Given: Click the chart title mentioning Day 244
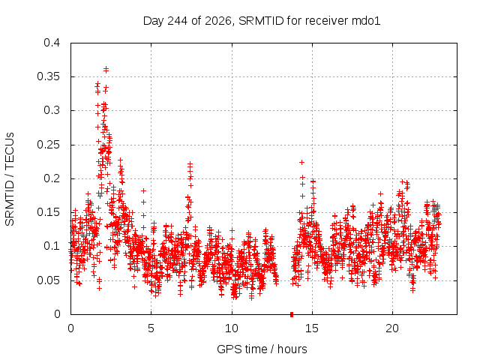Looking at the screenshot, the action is tap(262, 21).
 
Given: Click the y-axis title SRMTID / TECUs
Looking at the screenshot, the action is tap(10, 179).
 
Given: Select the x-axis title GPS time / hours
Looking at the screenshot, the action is tap(262, 349).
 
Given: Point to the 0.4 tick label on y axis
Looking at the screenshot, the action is tap(52, 43).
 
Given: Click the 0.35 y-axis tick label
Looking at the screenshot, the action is tap(48, 76).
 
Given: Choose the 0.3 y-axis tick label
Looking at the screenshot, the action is tap(52, 110).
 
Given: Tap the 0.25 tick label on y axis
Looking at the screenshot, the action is tap(48, 145).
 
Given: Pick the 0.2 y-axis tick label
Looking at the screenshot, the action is tap(52, 178).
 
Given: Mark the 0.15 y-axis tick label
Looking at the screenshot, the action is tap(48, 212).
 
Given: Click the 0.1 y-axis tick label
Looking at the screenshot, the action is tap(52, 246).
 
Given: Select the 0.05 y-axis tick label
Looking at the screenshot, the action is tap(48, 280).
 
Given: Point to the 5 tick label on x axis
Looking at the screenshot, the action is tap(151, 328).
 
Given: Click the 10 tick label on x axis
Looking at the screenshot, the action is tap(232, 328).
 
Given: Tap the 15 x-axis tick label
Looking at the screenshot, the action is tap(312, 328).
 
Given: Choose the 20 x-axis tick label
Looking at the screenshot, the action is tap(392, 328).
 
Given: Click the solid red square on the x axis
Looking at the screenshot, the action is tap(292, 314).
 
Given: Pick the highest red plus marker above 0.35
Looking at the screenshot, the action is tap(106, 68).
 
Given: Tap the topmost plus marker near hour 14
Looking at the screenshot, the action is tap(301, 162).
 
